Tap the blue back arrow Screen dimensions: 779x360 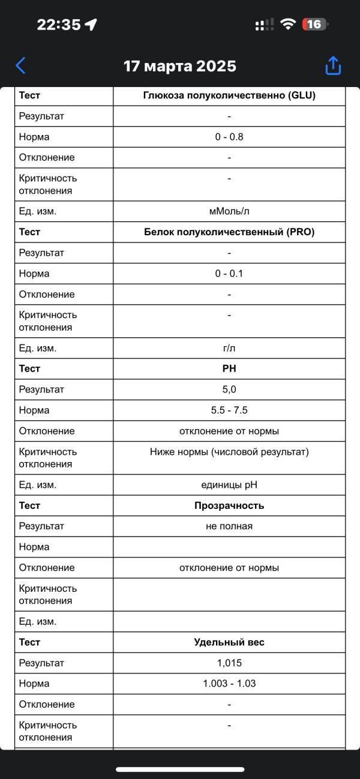pos(21,65)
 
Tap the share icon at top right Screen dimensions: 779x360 pos(333,65)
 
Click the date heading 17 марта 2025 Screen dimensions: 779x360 pos(180,66)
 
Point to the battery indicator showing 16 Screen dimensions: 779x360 pos(315,25)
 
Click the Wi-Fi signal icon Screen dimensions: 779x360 pos(289,25)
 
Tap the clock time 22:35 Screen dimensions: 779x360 pos(59,25)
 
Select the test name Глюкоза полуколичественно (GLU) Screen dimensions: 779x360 pos(229,95)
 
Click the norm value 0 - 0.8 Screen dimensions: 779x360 pos(229,137)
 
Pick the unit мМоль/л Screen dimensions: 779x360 pos(229,211)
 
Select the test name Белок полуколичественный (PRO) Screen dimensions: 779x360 pos(229,232)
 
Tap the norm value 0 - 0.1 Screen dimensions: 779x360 pos(229,274)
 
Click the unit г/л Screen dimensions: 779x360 pos(229,348)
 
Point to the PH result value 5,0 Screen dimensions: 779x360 pos(229,389)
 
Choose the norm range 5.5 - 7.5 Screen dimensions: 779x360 pos(229,411)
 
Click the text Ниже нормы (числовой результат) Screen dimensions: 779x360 pos(229,452)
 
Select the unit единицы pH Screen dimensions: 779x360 pos(229,485)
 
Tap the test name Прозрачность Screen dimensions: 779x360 pos(229,505)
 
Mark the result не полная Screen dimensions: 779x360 pos(229,526)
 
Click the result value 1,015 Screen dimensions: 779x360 pos(229,663)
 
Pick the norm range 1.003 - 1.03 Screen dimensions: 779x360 pos(229,684)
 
